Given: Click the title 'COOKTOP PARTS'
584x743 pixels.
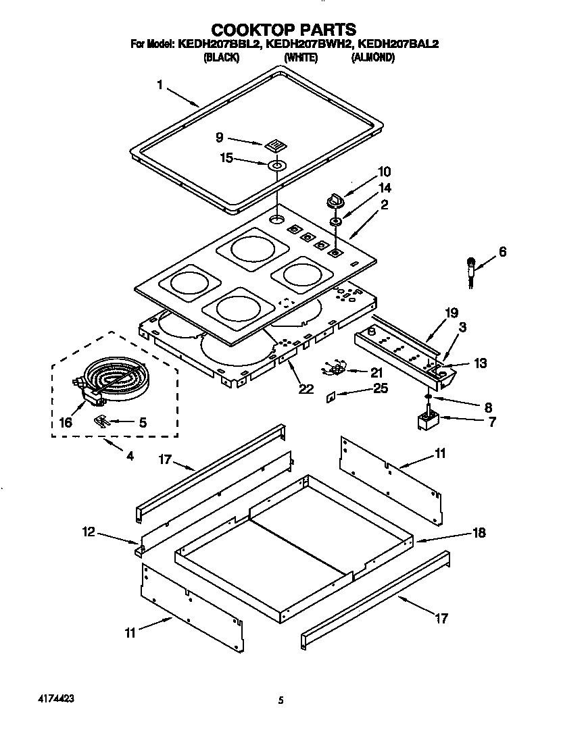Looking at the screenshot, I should pyautogui.click(x=284, y=29).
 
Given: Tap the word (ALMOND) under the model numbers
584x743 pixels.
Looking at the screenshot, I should pyautogui.click(x=372, y=58).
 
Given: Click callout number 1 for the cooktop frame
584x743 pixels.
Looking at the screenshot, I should pyautogui.click(x=160, y=84).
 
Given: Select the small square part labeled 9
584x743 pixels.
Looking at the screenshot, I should pyautogui.click(x=274, y=145).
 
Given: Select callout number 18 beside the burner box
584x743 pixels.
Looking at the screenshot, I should pyautogui.click(x=479, y=533).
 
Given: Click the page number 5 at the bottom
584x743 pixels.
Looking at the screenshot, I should pyautogui.click(x=280, y=701).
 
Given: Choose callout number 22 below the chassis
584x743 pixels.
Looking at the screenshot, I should pyautogui.click(x=306, y=389).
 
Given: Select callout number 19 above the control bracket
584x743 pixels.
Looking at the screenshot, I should pyautogui.click(x=452, y=313).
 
